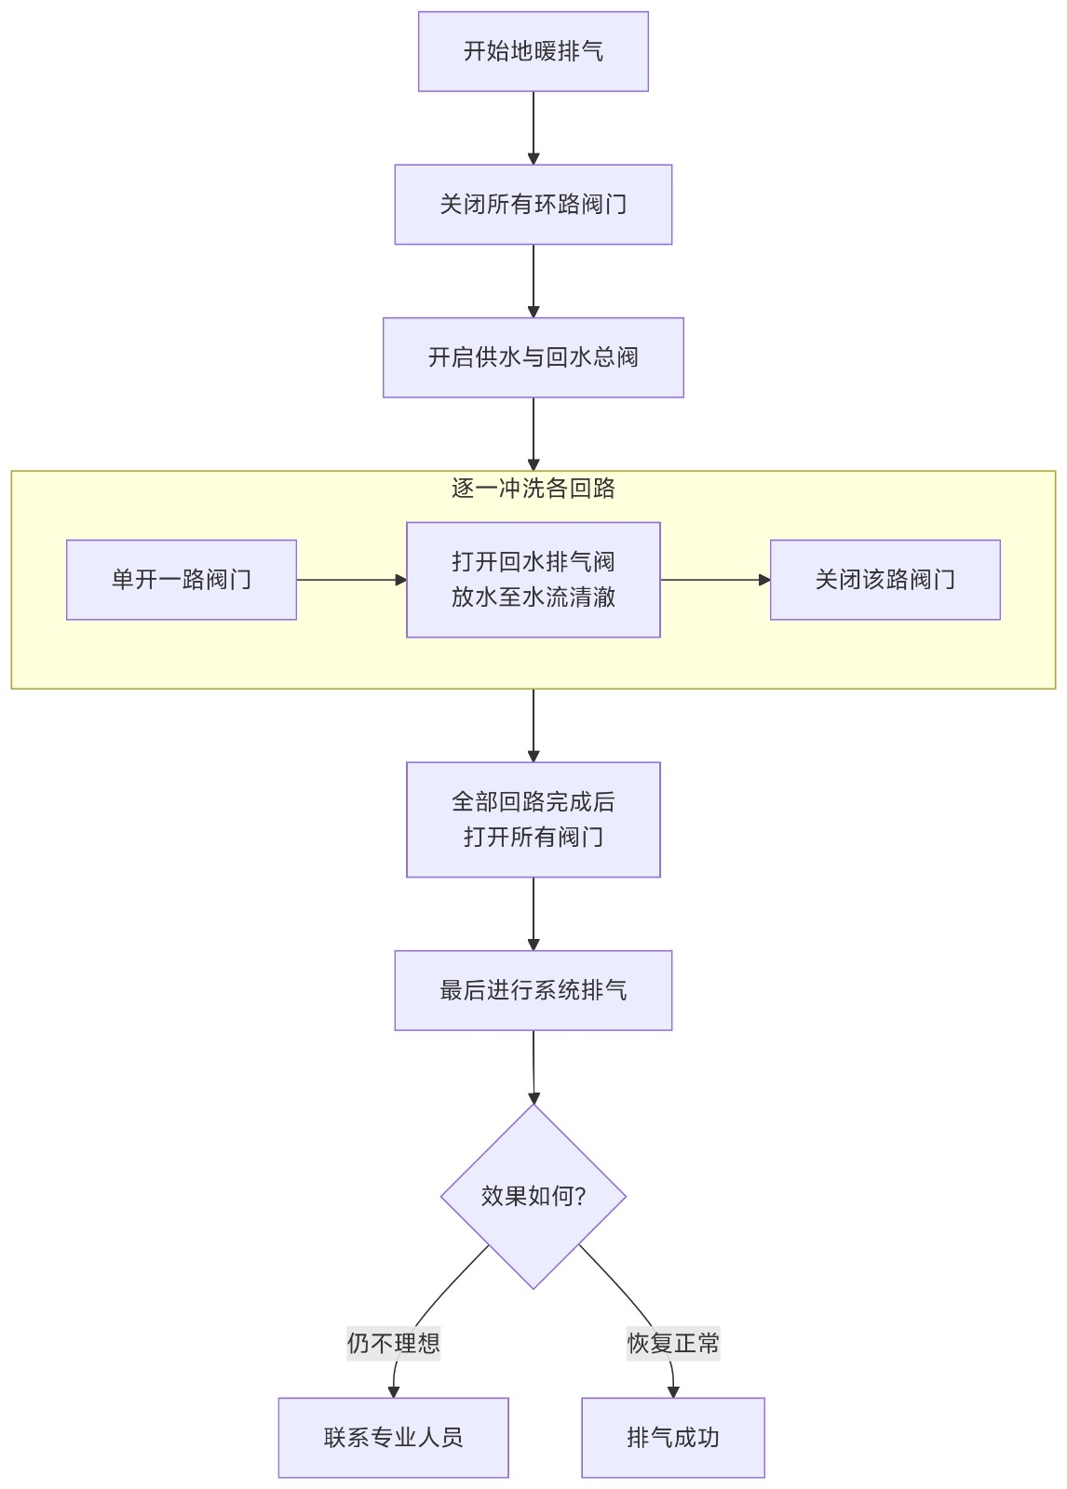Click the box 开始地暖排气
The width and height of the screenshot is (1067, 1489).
[x=533, y=51]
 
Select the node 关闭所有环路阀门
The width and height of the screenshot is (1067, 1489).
[x=533, y=205]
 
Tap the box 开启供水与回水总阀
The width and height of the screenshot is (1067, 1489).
[x=533, y=357]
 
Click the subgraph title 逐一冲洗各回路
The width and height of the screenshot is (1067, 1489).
[x=533, y=489]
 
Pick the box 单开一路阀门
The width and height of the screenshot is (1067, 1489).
[x=182, y=580]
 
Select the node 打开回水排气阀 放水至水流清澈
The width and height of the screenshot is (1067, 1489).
[x=533, y=580]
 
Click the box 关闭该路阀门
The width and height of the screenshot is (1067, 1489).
[x=885, y=580]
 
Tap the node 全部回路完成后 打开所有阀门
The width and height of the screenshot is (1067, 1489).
[x=533, y=819]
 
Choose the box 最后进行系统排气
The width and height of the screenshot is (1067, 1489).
[x=533, y=990]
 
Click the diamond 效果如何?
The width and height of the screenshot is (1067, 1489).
[x=533, y=1196]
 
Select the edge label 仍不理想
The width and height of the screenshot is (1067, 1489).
[x=393, y=1343]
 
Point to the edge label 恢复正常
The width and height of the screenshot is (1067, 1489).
[x=672, y=1343]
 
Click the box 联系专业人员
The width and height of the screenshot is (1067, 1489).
[x=393, y=1437]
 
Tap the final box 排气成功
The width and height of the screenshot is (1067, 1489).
[x=672, y=1437]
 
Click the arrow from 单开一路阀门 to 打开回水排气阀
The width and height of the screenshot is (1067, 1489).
[x=351, y=580]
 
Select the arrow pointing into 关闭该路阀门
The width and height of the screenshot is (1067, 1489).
[x=715, y=580]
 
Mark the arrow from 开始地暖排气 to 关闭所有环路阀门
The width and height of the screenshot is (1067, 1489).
[x=533, y=127]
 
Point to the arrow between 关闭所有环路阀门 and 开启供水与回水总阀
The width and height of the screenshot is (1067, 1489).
[x=533, y=280]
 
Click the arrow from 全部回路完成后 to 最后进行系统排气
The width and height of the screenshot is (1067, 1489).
[x=533, y=913]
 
